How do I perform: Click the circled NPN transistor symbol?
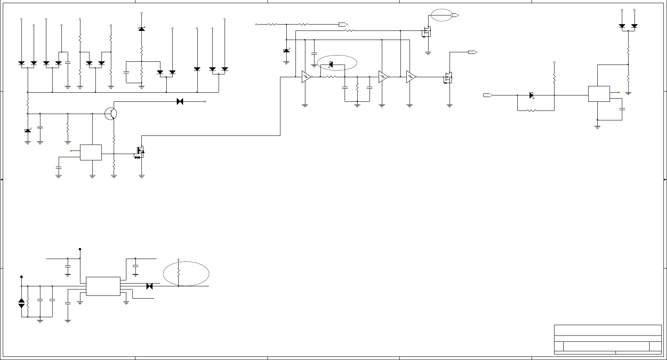[x=111, y=114]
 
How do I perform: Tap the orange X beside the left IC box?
[x=71, y=151]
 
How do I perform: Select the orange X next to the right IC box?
[x=619, y=92]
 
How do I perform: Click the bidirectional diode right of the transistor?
[x=179, y=101]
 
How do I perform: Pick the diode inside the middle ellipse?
[x=331, y=65]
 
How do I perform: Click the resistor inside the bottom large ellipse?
[x=179, y=272]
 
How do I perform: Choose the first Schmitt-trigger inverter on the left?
[x=306, y=77]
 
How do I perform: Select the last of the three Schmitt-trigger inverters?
[x=411, y=77]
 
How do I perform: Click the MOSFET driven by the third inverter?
[x=448, y=78]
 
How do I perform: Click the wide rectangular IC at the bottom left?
[x=103, y=286]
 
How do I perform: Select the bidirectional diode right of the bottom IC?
[x=149, y=286]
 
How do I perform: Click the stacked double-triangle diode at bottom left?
[x=21, y=303]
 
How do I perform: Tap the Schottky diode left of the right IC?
[x=532, y=95]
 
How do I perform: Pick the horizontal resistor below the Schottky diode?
[x=531, y=110]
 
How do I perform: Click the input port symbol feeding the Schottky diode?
[x=488, y=95]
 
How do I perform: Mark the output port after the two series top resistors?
[x=343, y=25]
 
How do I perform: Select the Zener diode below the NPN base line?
[x=28, y=131]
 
